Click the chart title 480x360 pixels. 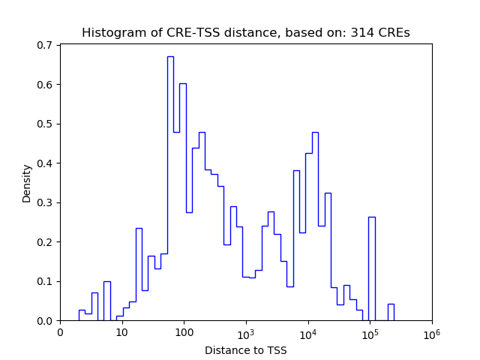pyautogui.click(x=245, y=33)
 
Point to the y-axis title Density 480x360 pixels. pyautogui.click(x=27, y=183)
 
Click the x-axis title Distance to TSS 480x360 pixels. pyautogui.click(x=245, y=350)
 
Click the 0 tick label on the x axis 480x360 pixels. pyautogui.click(x=60, y=332)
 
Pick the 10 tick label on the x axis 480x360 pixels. pyautogui.click(x=121, y=332)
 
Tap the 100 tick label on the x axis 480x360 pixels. pyautogui.click(x=184, y=332)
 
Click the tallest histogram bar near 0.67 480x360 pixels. pyautogui.click(x=170, y=187)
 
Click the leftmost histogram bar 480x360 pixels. pyautogui.click(x=82, y=316)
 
